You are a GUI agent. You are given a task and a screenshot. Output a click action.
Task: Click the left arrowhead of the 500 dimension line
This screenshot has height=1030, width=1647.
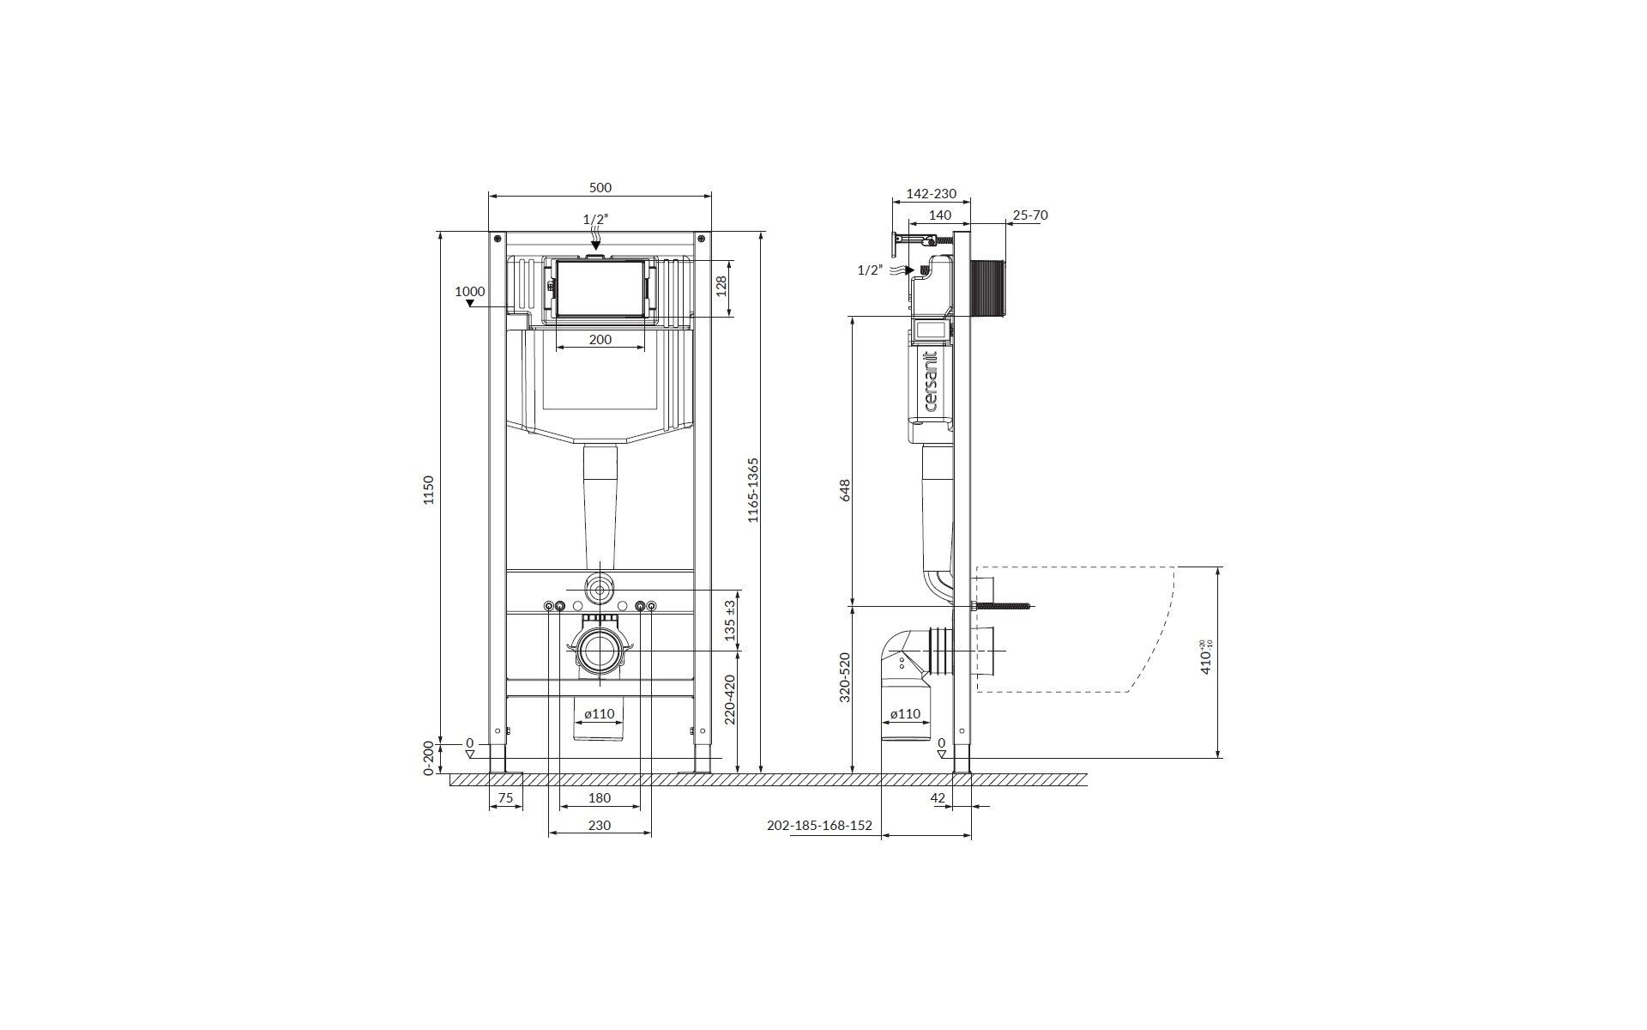pyautogui.click(x=492, y=196)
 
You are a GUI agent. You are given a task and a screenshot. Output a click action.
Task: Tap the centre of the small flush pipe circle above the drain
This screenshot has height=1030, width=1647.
pyautogui.click(x=600, y=590)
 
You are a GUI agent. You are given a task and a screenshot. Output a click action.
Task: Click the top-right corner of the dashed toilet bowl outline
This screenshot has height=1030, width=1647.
pyautogui.click(x=1174, y=566)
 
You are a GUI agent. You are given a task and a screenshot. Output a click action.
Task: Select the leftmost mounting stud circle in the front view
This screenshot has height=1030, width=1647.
pyautogui.click(x=549, y=607)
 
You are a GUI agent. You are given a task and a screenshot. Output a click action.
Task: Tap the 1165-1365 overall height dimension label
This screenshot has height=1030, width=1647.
pyautogui.click(x=753, y=490)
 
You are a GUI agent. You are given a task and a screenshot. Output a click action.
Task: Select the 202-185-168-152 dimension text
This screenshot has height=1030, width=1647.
pyautogui.click(x=819, y=826)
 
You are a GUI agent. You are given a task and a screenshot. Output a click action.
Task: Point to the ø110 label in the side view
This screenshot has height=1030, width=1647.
pyautogui.click(x=905, y=713)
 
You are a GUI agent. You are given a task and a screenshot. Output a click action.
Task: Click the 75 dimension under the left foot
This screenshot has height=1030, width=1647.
pyautogui.click(x=505, y=798)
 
